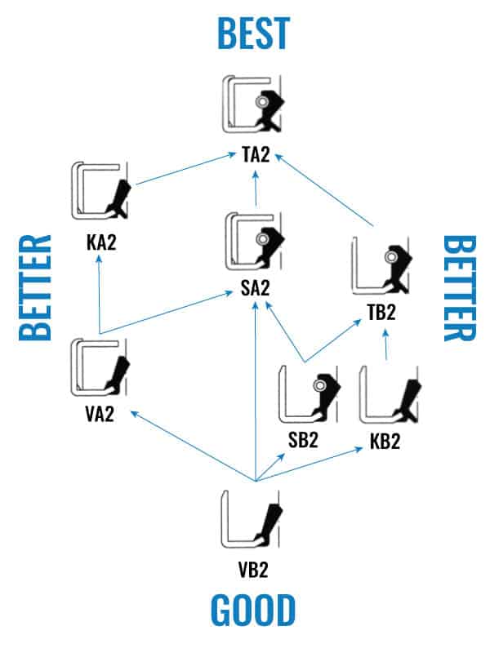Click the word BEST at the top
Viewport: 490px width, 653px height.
[253, 33]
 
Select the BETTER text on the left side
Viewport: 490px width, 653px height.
[35, 287]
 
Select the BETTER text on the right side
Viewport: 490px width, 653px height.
[460, 287]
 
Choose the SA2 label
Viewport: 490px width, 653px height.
[256, 287]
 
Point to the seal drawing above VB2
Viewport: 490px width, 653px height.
[252, 519]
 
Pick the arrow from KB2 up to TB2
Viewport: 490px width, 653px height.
[385, 349]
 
